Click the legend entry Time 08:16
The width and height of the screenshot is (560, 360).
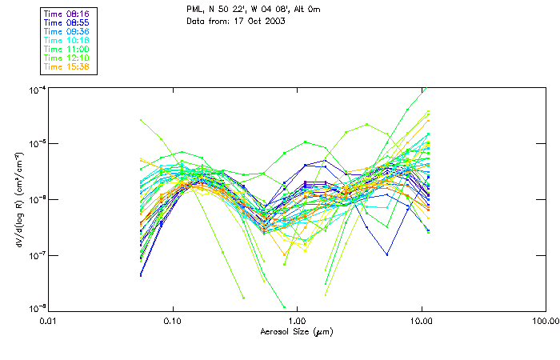click(66, 14)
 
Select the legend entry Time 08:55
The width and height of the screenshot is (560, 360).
click(66, 22)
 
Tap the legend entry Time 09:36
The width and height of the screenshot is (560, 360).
click(66, 31)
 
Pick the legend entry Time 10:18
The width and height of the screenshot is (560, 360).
click(66, 40)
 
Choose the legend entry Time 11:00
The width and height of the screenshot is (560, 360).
click(66, 49)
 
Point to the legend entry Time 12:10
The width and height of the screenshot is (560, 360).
click(66, 58)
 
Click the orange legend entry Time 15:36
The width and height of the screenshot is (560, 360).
click(66, 66)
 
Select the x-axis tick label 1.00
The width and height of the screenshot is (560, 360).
click(297, 321)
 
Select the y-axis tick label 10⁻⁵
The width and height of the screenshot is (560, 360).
click(36, 143)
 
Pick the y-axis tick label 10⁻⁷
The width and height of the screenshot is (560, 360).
click(36, 254)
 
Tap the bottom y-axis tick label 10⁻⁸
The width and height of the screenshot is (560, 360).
click(36, 307)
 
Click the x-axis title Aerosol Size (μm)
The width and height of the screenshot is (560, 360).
click(297, 331)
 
